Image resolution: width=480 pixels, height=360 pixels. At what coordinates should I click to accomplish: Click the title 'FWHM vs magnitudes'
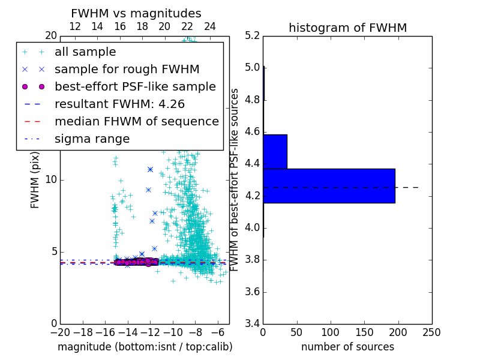tap(136, 13)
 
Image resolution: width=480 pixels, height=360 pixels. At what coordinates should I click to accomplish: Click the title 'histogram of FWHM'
tap(347, 28)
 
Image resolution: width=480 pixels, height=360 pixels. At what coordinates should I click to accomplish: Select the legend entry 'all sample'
tap(85, 52)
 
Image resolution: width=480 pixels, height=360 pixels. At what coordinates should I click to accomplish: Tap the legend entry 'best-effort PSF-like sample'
tap(135, 86)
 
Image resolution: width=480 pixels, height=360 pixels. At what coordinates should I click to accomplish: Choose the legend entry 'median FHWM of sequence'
tap(136, 121)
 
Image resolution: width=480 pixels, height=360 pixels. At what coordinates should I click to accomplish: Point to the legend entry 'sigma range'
tap(92, 139)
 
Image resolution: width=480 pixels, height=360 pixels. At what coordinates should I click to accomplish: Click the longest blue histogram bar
tap(329, 185)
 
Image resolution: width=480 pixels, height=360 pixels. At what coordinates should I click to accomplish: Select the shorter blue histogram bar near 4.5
tap(275, 151)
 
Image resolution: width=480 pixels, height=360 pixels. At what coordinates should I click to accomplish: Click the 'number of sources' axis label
tap(347, 347)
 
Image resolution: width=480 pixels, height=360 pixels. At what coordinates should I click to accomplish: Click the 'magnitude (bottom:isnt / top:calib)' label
tap(145, 347)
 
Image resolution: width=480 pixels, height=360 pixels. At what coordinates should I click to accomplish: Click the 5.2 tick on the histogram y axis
tap(252, 35)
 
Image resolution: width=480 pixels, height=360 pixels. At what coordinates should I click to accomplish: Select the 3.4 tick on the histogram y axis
tap(252, 323)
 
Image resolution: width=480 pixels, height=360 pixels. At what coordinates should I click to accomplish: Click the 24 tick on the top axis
tap(210, 26)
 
